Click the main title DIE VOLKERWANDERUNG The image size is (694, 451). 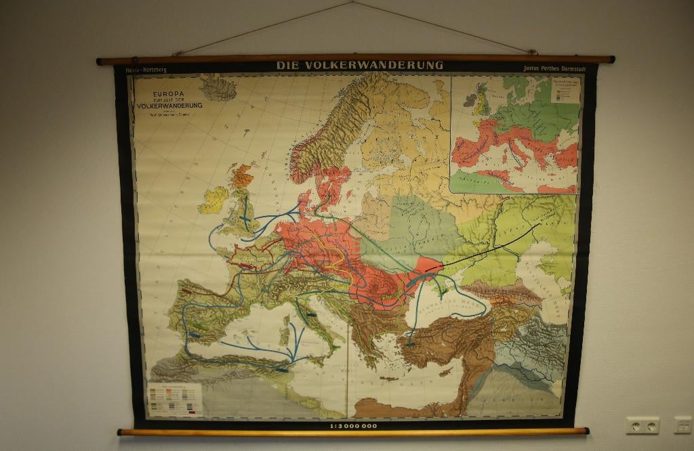point(359,66)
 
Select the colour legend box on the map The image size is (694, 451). point(175,399)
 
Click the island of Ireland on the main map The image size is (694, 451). point(212,200)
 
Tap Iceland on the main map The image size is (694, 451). point(218,87)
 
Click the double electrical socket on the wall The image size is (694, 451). point(642,425)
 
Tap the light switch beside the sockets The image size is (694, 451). point(682,425)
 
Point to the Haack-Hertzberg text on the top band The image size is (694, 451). point(146,69)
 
